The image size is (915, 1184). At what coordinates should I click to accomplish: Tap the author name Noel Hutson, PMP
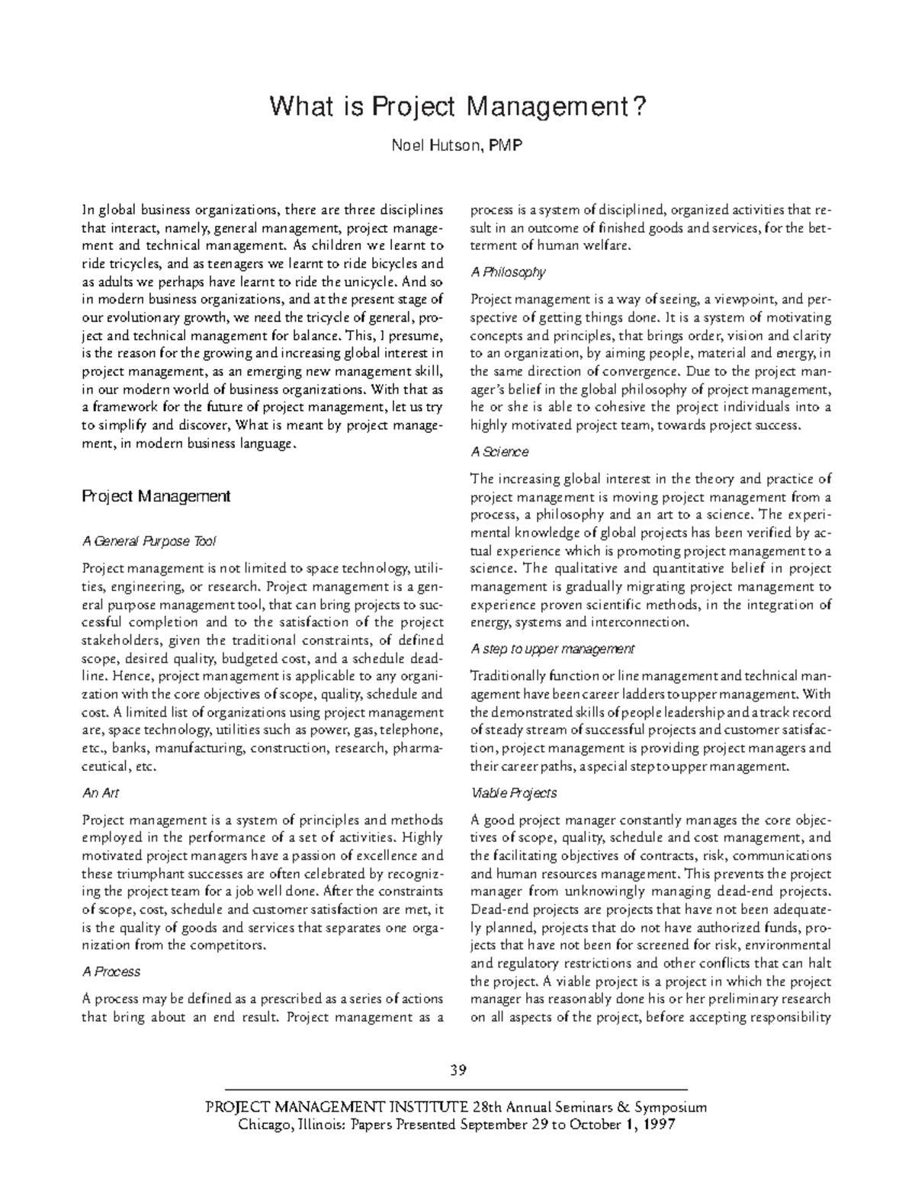(457, 146)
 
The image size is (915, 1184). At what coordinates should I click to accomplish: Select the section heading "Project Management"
(156, 496)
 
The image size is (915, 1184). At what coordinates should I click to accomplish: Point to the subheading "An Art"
(100, 793)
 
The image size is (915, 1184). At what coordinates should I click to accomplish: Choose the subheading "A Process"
(111, 972)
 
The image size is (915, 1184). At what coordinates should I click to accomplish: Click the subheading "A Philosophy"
(508, 272)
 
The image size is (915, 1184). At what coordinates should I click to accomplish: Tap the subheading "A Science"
(499, 452)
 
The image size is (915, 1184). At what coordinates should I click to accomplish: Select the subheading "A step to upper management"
(552, 650)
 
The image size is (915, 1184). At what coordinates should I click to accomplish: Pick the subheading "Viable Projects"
(513, 793)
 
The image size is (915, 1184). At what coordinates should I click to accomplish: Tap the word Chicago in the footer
(263, 1125)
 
